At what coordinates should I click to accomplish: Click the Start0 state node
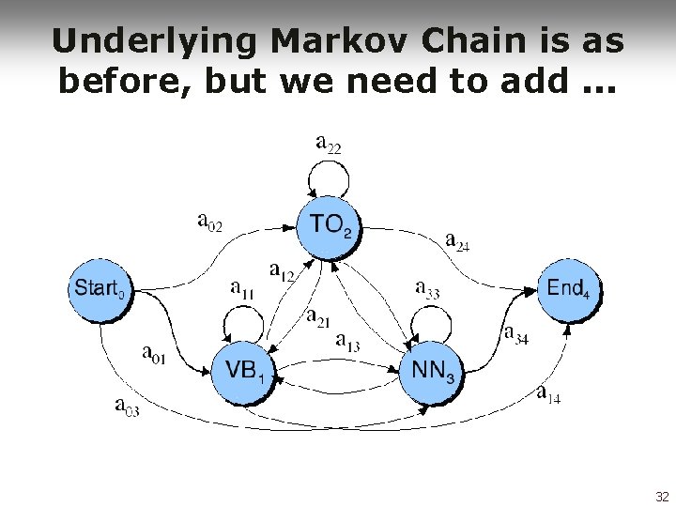point(99,289)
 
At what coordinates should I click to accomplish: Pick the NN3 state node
point(434,373)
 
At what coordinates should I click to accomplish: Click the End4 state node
point(569,289)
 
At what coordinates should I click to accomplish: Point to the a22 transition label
point(329,146)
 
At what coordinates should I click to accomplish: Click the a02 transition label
point(210,223)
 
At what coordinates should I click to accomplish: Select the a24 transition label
point(457,241)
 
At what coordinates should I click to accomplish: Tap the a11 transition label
point(242,289)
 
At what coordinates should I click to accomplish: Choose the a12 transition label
point(283,271)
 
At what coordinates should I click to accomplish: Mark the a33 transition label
point(427,290)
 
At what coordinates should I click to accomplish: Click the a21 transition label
point(318,317)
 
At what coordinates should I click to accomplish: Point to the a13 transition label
point(347,342)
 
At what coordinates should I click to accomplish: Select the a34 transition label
point(516,334)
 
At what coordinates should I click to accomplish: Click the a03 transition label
point(128,406)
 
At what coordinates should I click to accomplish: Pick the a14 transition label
point(548,394)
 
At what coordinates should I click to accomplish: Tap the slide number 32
point(661,496)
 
